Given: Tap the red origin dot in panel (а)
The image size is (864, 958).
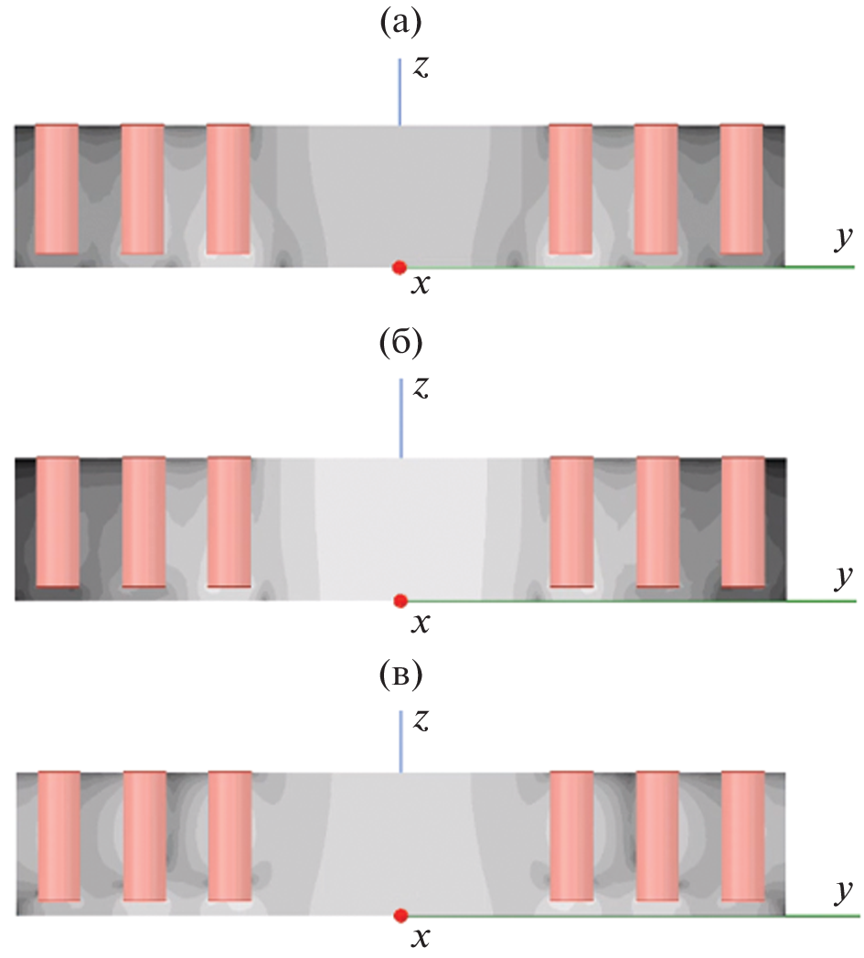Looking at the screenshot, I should point(399,267).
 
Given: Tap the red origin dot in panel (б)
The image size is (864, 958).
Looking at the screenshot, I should point(400,601).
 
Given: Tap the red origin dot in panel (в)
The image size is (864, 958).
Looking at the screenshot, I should point(400,915).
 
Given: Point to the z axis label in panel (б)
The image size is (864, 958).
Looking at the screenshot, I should point(421,389).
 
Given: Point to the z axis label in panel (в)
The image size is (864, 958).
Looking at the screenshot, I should point(421,720).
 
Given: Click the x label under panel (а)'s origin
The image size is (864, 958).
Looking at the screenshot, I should point(420,286).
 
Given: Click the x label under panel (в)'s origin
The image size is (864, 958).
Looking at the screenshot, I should point(421,936).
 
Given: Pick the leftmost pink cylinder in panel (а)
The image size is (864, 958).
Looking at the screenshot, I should point(57,189).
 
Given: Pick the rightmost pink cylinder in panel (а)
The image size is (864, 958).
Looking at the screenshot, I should point(741,189).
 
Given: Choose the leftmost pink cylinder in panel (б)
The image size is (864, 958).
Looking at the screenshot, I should point(58,522).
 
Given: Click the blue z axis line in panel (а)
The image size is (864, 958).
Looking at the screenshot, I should point(400,91).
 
